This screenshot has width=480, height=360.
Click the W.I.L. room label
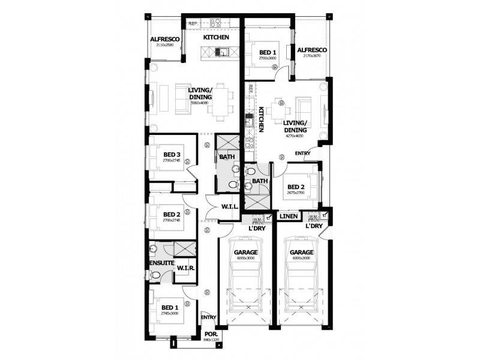pyautogui.click(x=230, y=207)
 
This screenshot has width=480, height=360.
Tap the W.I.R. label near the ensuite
pyautogui.click(x=184, y=268)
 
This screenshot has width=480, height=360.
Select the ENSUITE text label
pyautogui.click(x=161, y=263)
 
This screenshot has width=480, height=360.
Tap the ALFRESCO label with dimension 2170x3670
pyautogui.click(x=311, y=50)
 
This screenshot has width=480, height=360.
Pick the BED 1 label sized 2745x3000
pyautogui.click(x=170, y=308)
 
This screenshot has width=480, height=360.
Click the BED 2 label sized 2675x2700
pyautogui.click(x=295, y=187)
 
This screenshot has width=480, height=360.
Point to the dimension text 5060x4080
pyautogui.click(x=199, y=103)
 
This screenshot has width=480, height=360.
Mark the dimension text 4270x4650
pyautogui.click(x=294, y=136)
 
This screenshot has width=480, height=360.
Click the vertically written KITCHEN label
pyautogui.click(x=262, y=119)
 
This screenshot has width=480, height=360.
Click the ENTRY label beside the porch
pyautogui.click(x=208, y=317)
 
